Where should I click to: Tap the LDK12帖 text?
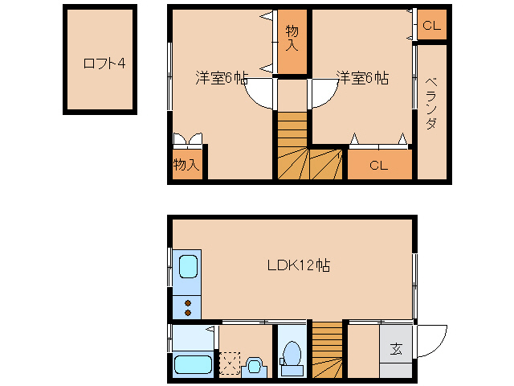[297, 265]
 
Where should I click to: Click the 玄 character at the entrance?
[397, 349]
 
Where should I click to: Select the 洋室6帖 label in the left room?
[221, 78]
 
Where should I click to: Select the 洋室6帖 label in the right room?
[362, 78]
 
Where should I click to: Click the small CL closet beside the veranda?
[431, 26]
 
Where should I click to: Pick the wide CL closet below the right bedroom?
[379, 166]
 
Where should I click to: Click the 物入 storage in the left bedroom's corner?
[186, 164]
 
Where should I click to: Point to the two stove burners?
[188, 308]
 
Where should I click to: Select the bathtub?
[193, 364]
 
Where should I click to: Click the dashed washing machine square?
[230, 363]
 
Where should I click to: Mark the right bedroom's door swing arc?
[320, 94]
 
